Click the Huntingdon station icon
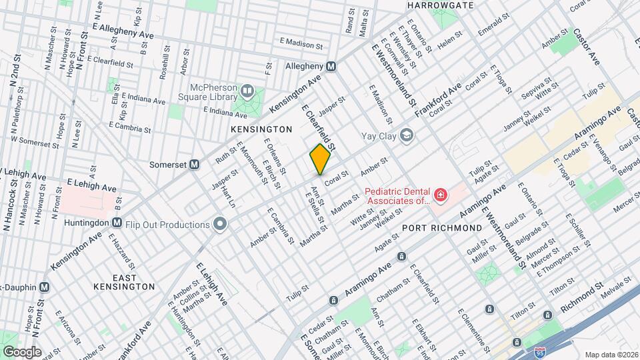tap(117, 223)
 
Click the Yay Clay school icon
tap(406, 137)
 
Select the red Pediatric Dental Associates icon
tap(440, 195)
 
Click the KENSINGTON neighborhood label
tap(261, 129)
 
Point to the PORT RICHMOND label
tap(442, 228)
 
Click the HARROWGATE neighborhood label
tap(440, 5)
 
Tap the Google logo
tap(21, 351)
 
